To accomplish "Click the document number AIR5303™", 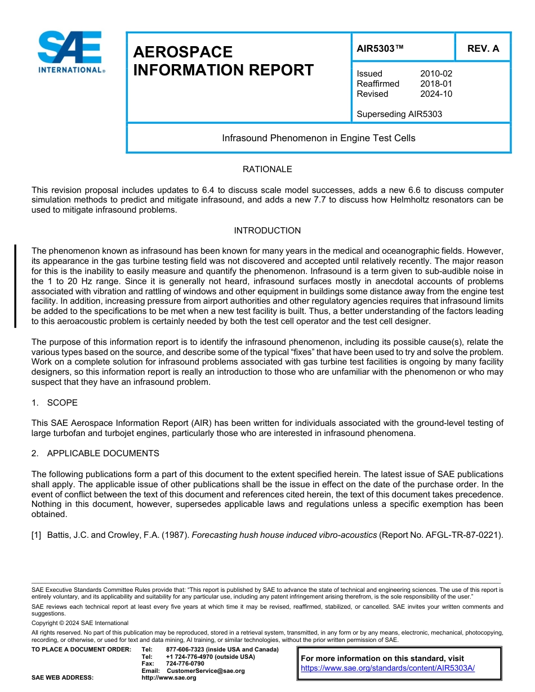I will click(380, 48).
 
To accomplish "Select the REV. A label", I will click(483, 48).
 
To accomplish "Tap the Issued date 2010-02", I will click(436, 74).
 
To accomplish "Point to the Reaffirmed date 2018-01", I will click(436, 84).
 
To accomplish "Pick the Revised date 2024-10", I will click(436, 94).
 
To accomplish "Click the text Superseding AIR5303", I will click(399, 114).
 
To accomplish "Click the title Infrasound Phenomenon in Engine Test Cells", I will click(318, 138).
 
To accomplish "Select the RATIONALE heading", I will click(267, 169).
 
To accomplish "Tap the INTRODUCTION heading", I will click(267, 231).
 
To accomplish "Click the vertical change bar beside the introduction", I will click(15, 286).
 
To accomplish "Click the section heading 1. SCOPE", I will click(55, 403).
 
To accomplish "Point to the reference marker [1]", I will click(37, 534).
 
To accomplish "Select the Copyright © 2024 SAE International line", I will click(80, 623).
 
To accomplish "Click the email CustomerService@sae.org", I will click(206, 671).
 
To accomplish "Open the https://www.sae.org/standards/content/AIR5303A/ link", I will click(388, 668).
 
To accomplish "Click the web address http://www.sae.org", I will click(168, 677).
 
